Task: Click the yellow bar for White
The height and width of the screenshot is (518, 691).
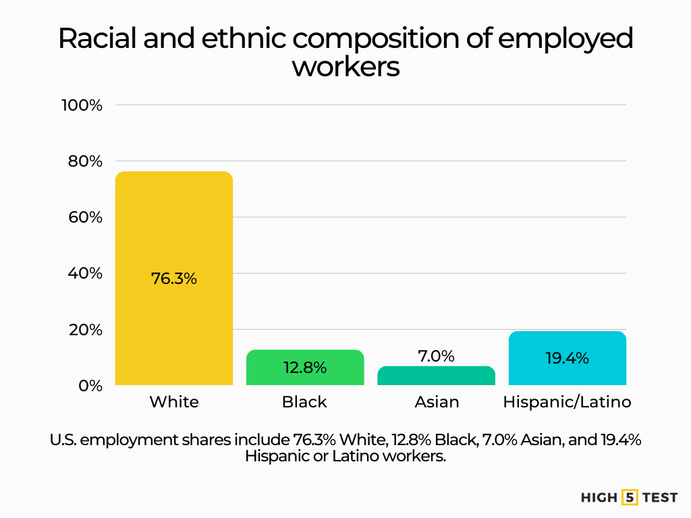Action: click(x=174, y=223)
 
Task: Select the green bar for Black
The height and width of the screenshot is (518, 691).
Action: click(x=305, y=368)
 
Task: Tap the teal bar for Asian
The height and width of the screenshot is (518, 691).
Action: click(x=436, y=376)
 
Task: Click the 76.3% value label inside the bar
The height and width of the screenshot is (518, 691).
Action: click(x=174, y=278)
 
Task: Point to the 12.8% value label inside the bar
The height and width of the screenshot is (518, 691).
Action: click(x=305, y=368)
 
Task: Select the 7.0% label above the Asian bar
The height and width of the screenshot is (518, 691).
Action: click(x=436, y=355)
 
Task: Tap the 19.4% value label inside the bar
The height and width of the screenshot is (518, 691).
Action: click(x=567, y=358)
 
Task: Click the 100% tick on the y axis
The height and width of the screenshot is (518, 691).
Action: click(x=82, y=105)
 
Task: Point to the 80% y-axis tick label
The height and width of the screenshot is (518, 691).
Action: click(x=84, y=161)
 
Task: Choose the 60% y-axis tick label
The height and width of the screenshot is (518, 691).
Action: click(x=84, y=217)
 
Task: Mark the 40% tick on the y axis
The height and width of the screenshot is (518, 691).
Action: click(x=84, y=273)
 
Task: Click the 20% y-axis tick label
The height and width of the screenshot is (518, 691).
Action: click(x=84, y=330)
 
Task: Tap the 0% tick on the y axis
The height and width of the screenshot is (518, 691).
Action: click(x=90, y=386)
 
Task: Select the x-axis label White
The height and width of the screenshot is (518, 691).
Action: click(x=174, y=402)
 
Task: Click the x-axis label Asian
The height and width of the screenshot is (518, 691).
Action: click(x=437, y=402)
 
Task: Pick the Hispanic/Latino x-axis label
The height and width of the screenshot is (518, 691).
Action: click(x=567, y=402)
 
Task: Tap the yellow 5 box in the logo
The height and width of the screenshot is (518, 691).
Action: click(x=630, y=497)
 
